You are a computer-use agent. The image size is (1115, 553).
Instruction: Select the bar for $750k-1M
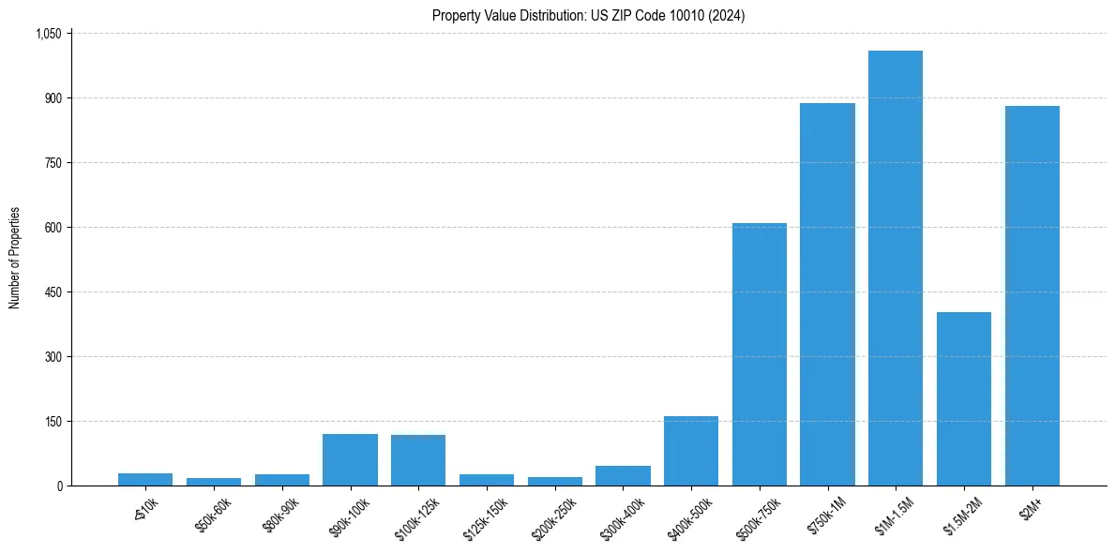(x=827, y=294)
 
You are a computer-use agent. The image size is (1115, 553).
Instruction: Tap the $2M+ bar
(x=1032, y=296)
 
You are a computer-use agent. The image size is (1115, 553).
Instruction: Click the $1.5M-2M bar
(x=964, y=399)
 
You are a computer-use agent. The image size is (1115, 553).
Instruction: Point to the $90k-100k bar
(x=350, y=460)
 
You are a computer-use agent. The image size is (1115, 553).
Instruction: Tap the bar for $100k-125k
(x=418, y=460)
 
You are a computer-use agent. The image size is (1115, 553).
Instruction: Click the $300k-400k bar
(x=623, y=475)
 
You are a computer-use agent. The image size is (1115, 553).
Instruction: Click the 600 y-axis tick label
(x=53, y=228)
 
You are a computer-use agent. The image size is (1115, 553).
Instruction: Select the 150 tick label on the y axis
(x=53, y=422)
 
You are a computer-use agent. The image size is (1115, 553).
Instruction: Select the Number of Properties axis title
(x=15, y=259)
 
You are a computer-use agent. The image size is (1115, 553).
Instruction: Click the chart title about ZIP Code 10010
(x=588, y=16)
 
